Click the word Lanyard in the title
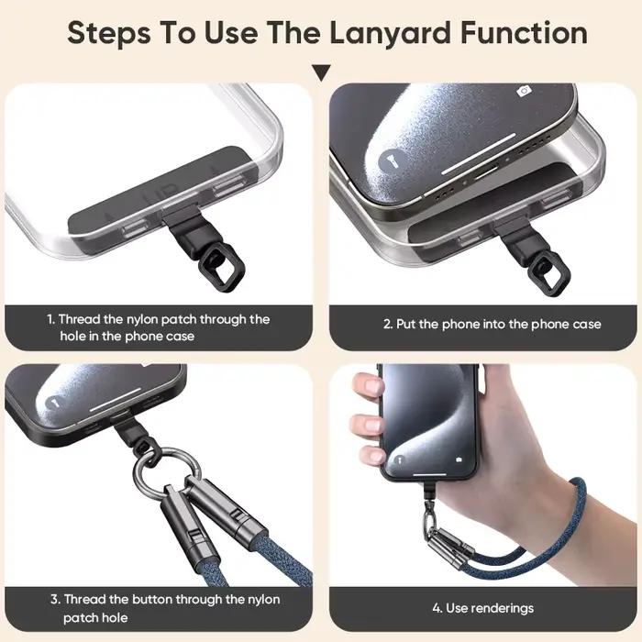pos(390,33)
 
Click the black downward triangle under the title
pos(321,72)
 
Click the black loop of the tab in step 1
pos(222,267)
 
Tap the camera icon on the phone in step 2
pos(524,91)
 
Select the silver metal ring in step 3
pos(168,471)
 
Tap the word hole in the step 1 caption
pos(72,337)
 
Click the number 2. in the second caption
pos(388,325)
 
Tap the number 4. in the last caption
pos(437,608)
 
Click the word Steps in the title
pos(109,35)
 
